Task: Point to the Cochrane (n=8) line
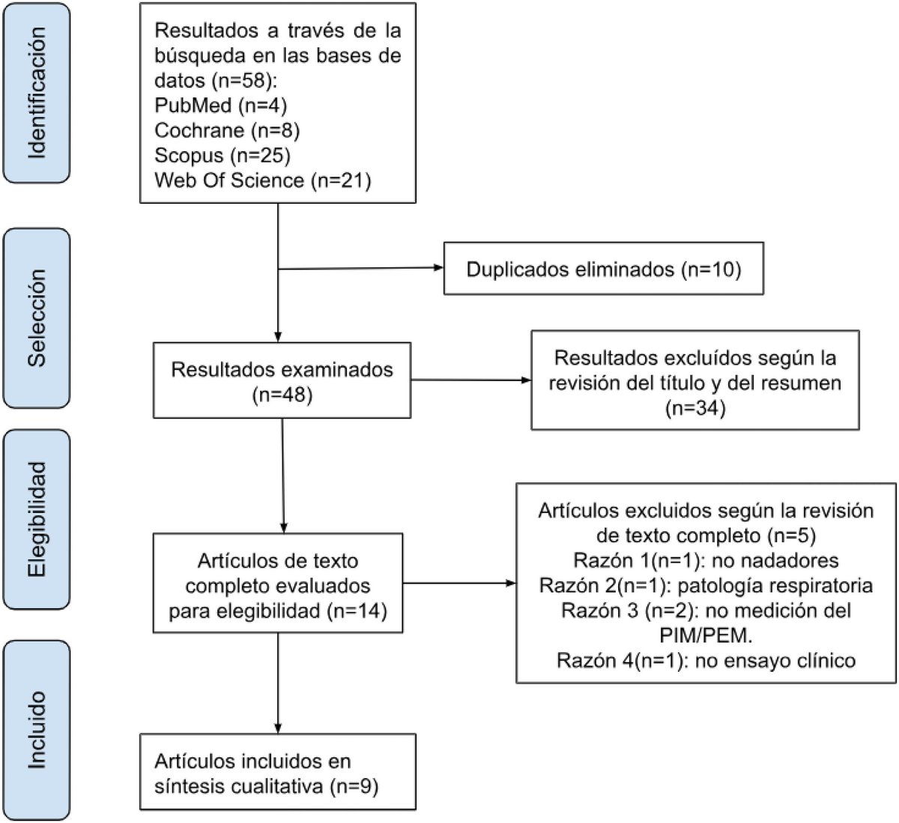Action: pyautogui.click(x=227, y=130)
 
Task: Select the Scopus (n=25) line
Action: pyautogui.click(x=223, y=155)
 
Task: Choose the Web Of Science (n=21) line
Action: pyautogui.click(x=262, y=180)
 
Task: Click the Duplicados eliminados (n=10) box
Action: pyautogui.click(x=603, y=269)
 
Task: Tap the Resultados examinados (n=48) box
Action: pyautogui.click(x=282, y=380)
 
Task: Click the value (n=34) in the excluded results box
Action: pyautogui.click(x=694, y=408)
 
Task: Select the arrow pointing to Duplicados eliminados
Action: pyautogui.click(x=360, y=269)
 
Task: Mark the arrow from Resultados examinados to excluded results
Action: pyautogui.click(x=470, y=380)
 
